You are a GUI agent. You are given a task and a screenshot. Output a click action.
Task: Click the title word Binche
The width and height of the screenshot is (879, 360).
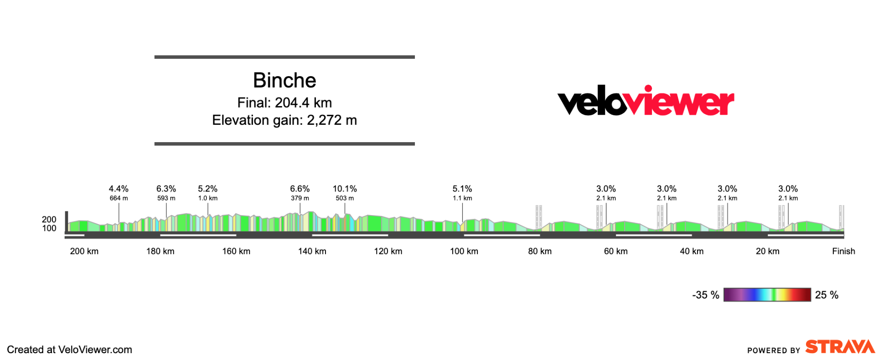[x=284, y=81]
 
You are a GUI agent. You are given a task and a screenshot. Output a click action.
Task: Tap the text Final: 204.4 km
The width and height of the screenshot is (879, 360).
[x=284, y=103]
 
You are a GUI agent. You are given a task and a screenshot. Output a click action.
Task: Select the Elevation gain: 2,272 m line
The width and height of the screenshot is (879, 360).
[x=284, y=120]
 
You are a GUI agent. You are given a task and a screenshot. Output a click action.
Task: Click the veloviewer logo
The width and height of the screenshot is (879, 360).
[x=646, y=101]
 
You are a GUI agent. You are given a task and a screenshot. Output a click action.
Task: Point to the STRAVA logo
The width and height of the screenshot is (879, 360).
[x=840, y=347]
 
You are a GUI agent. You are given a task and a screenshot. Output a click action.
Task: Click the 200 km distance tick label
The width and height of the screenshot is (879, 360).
[x=84, y=251]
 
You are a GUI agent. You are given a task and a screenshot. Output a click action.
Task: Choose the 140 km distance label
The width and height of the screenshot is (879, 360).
[x=312, y=251]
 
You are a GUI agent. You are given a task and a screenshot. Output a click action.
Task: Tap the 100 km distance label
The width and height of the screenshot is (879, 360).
[x=464, y=251]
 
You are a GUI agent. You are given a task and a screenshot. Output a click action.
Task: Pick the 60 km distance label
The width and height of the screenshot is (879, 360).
[x=616, y=251]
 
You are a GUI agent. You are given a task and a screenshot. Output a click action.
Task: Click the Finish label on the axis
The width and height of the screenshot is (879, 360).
[x=843, y=251]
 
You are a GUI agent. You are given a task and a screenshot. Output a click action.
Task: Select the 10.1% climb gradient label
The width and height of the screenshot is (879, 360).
[x=345, y=189]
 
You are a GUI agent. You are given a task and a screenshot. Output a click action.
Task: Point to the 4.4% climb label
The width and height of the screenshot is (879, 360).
[x=119, y=189]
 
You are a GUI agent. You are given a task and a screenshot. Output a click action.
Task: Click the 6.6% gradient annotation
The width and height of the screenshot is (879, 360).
[x=300, y=189]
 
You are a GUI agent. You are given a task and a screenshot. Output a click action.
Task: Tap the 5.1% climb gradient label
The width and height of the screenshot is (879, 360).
[x=462, y=189]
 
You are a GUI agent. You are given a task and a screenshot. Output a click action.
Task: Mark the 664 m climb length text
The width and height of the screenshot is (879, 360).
[x=119, y=198]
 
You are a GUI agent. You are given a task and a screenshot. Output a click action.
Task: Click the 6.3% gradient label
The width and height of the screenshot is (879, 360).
[x=166, y=189]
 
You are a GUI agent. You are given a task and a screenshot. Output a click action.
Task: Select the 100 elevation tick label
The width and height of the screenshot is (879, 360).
[x=49, y=228]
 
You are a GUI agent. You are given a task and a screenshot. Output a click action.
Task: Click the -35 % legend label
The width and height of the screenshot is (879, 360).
[x=705, y=295]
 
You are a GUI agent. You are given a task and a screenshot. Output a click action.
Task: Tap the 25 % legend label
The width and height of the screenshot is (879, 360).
[x=827, y=295]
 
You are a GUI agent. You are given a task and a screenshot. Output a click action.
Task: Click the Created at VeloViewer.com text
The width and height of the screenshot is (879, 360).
[x=69, y=350]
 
